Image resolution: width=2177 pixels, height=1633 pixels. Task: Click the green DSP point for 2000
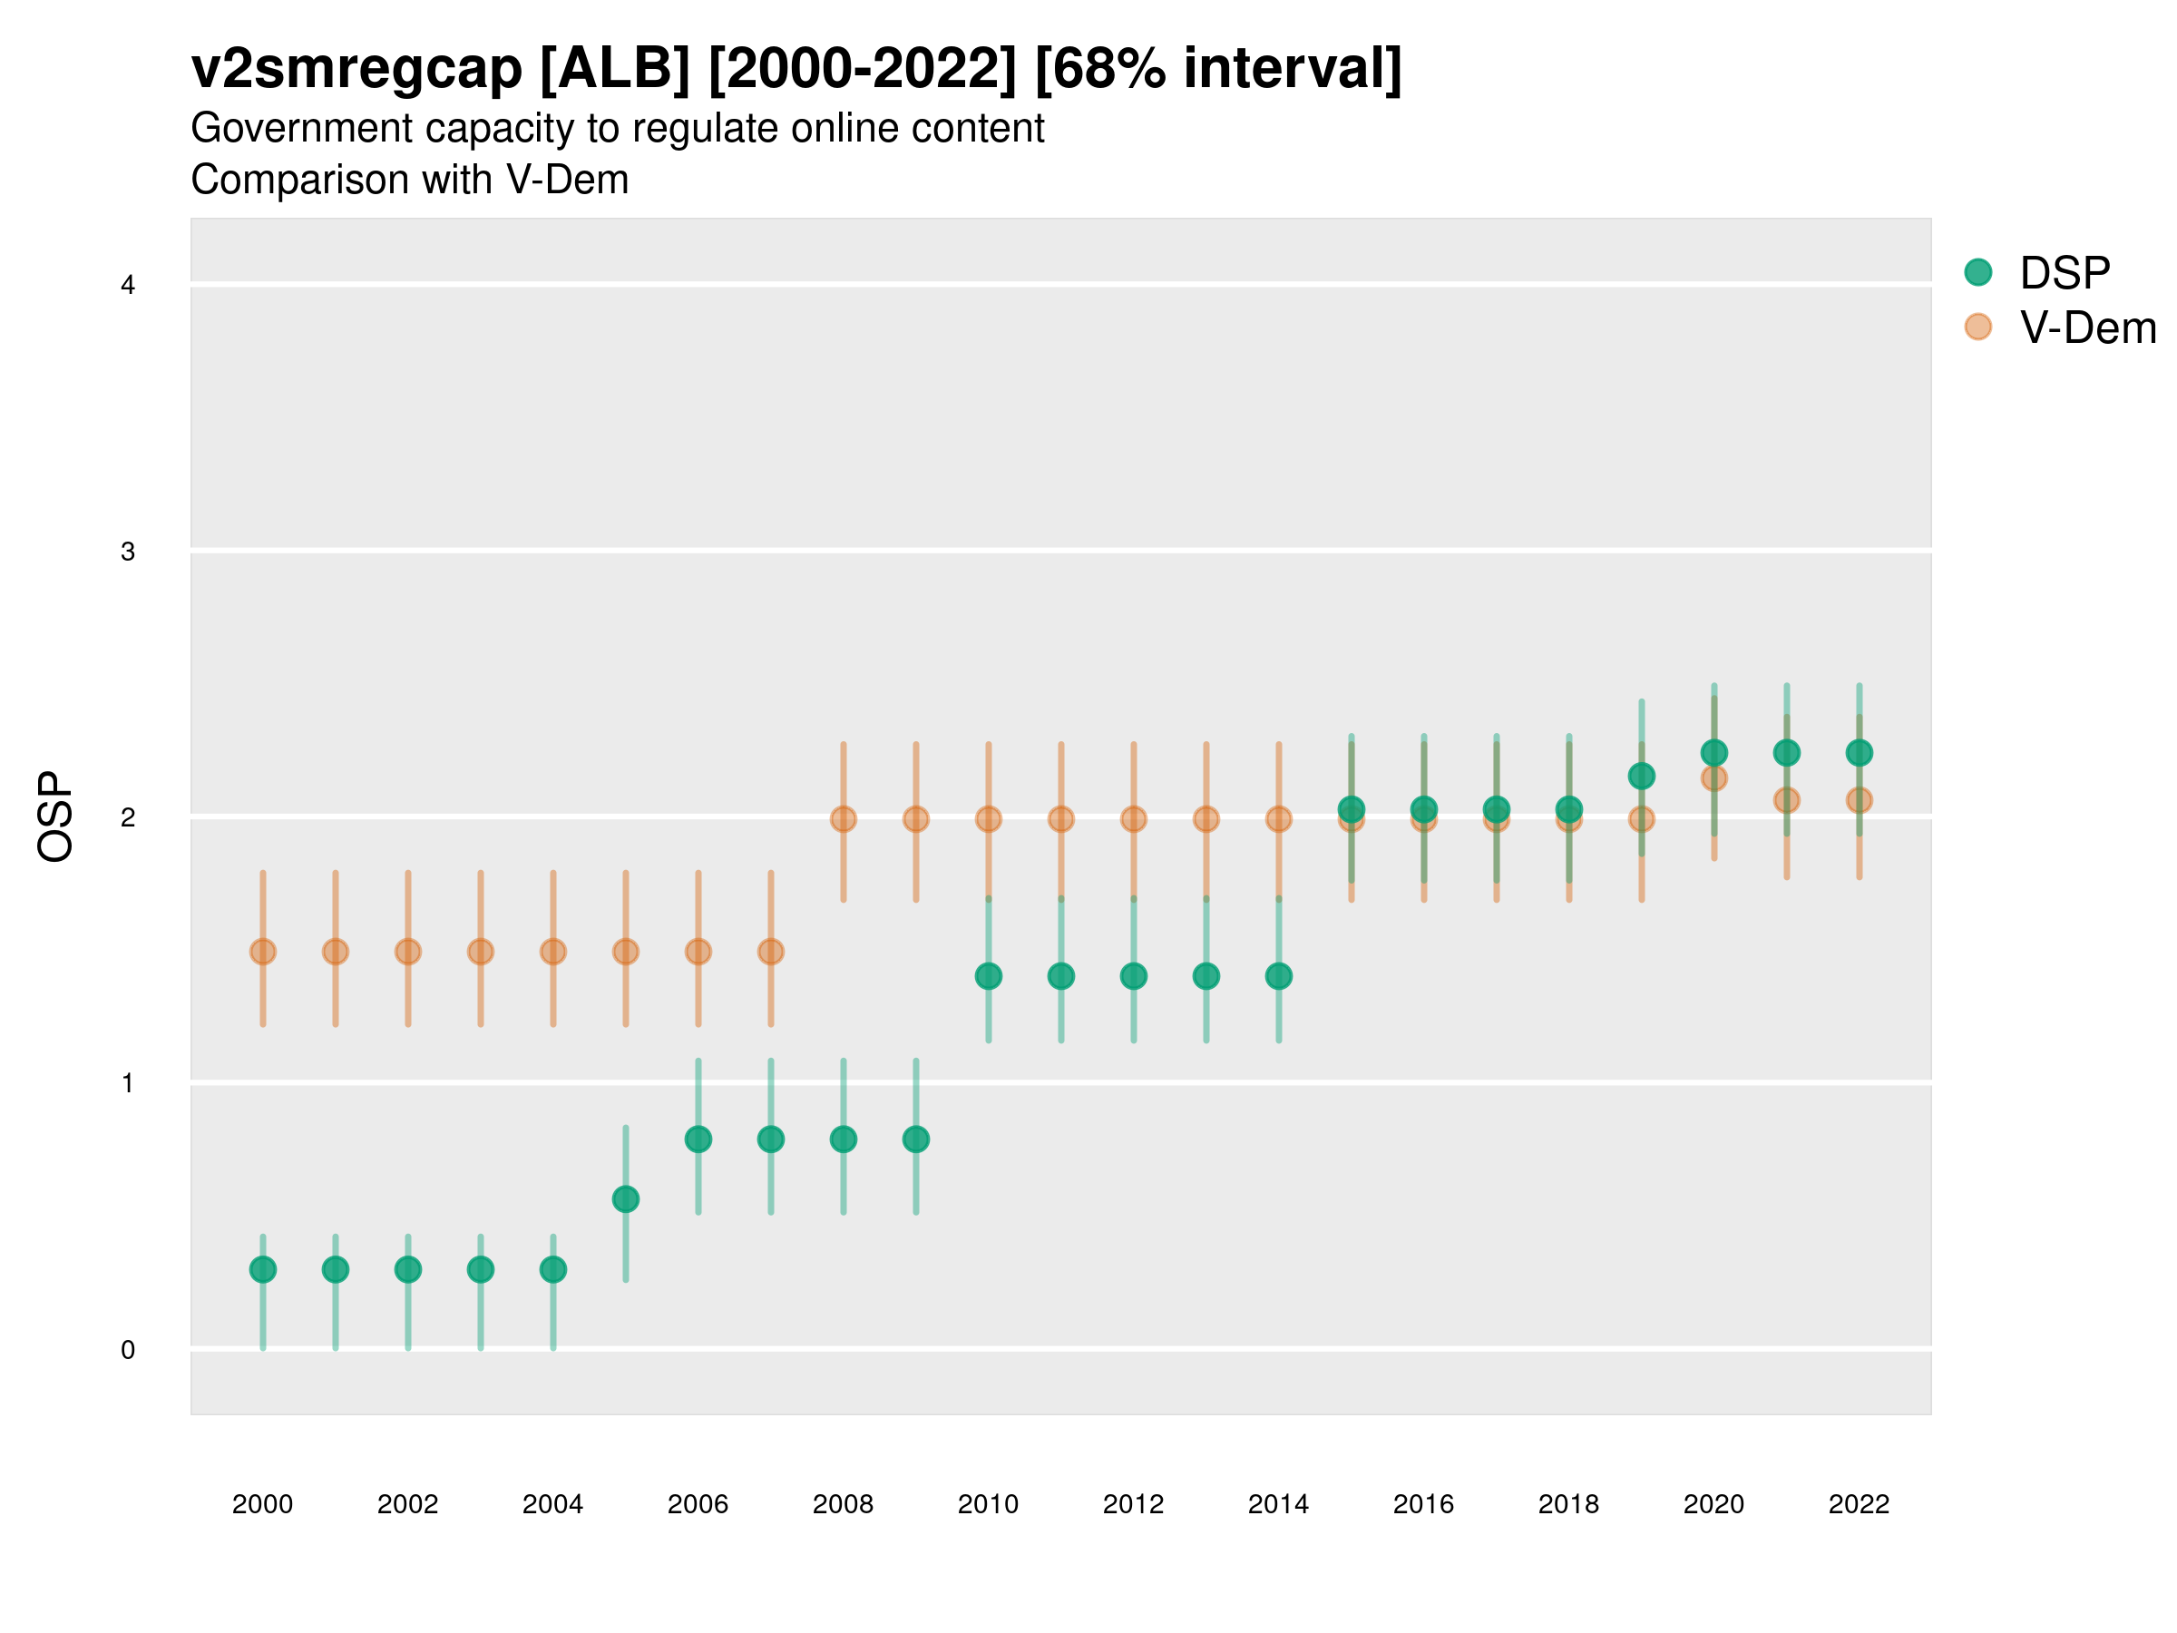click(263, 1270)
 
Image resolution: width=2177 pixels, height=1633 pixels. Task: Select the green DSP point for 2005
click(626, 1199)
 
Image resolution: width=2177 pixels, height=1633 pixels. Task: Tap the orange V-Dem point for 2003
click(480, 952)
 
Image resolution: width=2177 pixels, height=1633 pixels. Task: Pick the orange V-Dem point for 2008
click(844, 819)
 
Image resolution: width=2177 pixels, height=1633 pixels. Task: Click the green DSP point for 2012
click(1134, 976)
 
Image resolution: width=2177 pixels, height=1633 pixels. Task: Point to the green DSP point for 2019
click(1642, 776)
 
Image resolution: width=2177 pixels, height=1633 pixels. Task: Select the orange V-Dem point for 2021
click(1786, 800)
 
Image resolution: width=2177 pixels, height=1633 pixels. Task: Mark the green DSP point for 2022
click(1860, 753)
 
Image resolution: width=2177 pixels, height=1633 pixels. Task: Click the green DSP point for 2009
click(916, 1139)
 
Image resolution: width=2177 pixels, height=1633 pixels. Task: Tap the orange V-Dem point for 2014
click(1278, 819)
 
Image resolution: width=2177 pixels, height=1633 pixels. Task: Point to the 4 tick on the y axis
click(128, 286)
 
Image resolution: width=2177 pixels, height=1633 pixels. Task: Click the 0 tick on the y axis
click(128, 1350)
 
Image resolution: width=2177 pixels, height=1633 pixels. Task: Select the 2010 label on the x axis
click(988, 1504)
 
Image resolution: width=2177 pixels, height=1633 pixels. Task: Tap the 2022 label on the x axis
click(1860, 1504)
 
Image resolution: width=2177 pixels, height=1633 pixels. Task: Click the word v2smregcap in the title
click(356, 69)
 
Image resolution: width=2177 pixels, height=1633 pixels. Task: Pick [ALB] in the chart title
click(615, 69)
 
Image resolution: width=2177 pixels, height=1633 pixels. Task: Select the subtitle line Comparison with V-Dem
click(409, 181)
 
